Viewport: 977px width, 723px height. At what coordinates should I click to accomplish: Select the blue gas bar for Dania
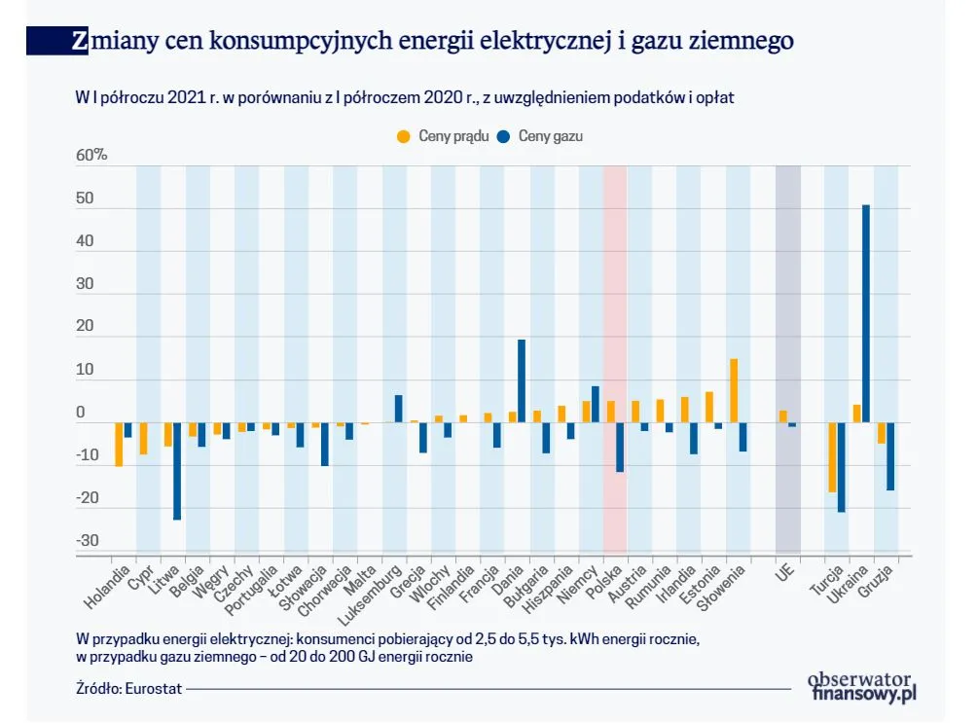(x=522, y=380)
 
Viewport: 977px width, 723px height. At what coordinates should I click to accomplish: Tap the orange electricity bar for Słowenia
(x=734, y=390)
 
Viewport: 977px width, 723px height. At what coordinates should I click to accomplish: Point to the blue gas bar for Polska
(x=620, y=447)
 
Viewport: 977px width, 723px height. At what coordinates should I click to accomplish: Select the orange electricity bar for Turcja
(x=833, y=456)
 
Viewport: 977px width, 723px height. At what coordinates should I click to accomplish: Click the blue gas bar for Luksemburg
(x=398, y=408)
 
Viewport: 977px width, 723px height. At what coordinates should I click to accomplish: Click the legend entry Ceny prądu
(x=445, y=136)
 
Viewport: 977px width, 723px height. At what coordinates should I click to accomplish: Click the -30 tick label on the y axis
(x=88, y=541)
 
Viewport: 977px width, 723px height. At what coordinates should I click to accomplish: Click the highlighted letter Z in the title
(x=80, y=41)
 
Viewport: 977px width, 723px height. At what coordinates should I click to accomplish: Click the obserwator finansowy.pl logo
(x=861, y=686)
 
